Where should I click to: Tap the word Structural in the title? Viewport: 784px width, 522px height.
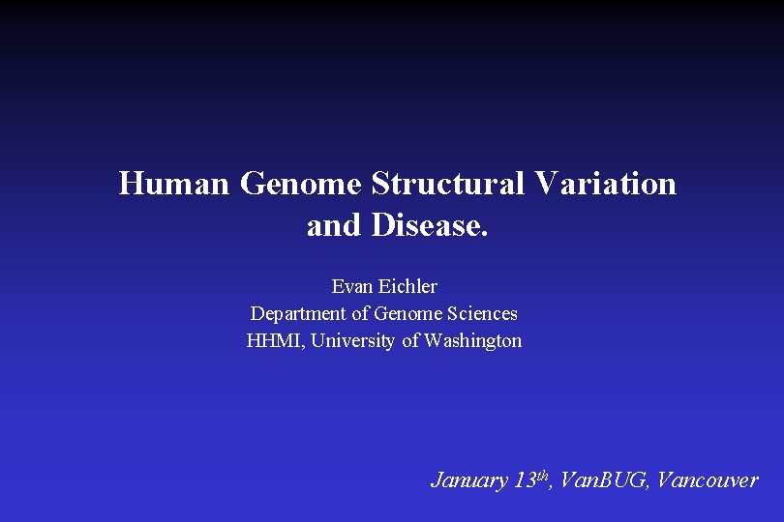[x=444, y=183]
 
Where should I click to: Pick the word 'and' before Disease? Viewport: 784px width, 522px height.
[x=332, y=225]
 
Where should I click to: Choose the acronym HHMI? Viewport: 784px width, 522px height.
[x=273, y=340]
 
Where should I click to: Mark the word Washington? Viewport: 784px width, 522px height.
[x=472, y=340]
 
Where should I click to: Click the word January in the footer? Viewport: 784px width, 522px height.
[x=469, y=480]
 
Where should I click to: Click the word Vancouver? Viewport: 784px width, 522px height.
[x=707, y=480]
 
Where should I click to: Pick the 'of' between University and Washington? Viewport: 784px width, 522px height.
[x=410, y=340]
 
